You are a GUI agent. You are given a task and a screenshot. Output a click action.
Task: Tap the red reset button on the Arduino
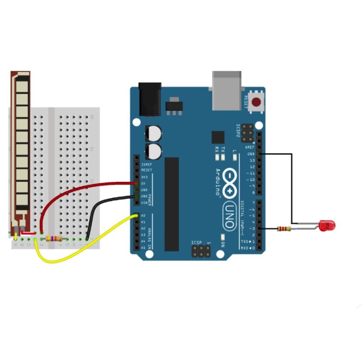click(x=257, y=102)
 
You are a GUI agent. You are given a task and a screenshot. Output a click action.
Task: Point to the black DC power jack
click(x=150, y=99)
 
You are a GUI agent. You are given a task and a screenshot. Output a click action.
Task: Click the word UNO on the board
click(x=229, y=215)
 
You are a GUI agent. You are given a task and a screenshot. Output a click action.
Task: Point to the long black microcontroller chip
click(x=172, y=204)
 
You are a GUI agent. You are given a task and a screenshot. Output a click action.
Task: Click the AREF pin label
click(x=250, y=147)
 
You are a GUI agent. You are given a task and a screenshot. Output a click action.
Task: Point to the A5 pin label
click(x=143, y=248)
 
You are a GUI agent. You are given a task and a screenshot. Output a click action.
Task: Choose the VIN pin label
click(x=144, y=202)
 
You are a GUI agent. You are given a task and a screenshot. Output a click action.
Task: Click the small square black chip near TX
click(x=218, y=138)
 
